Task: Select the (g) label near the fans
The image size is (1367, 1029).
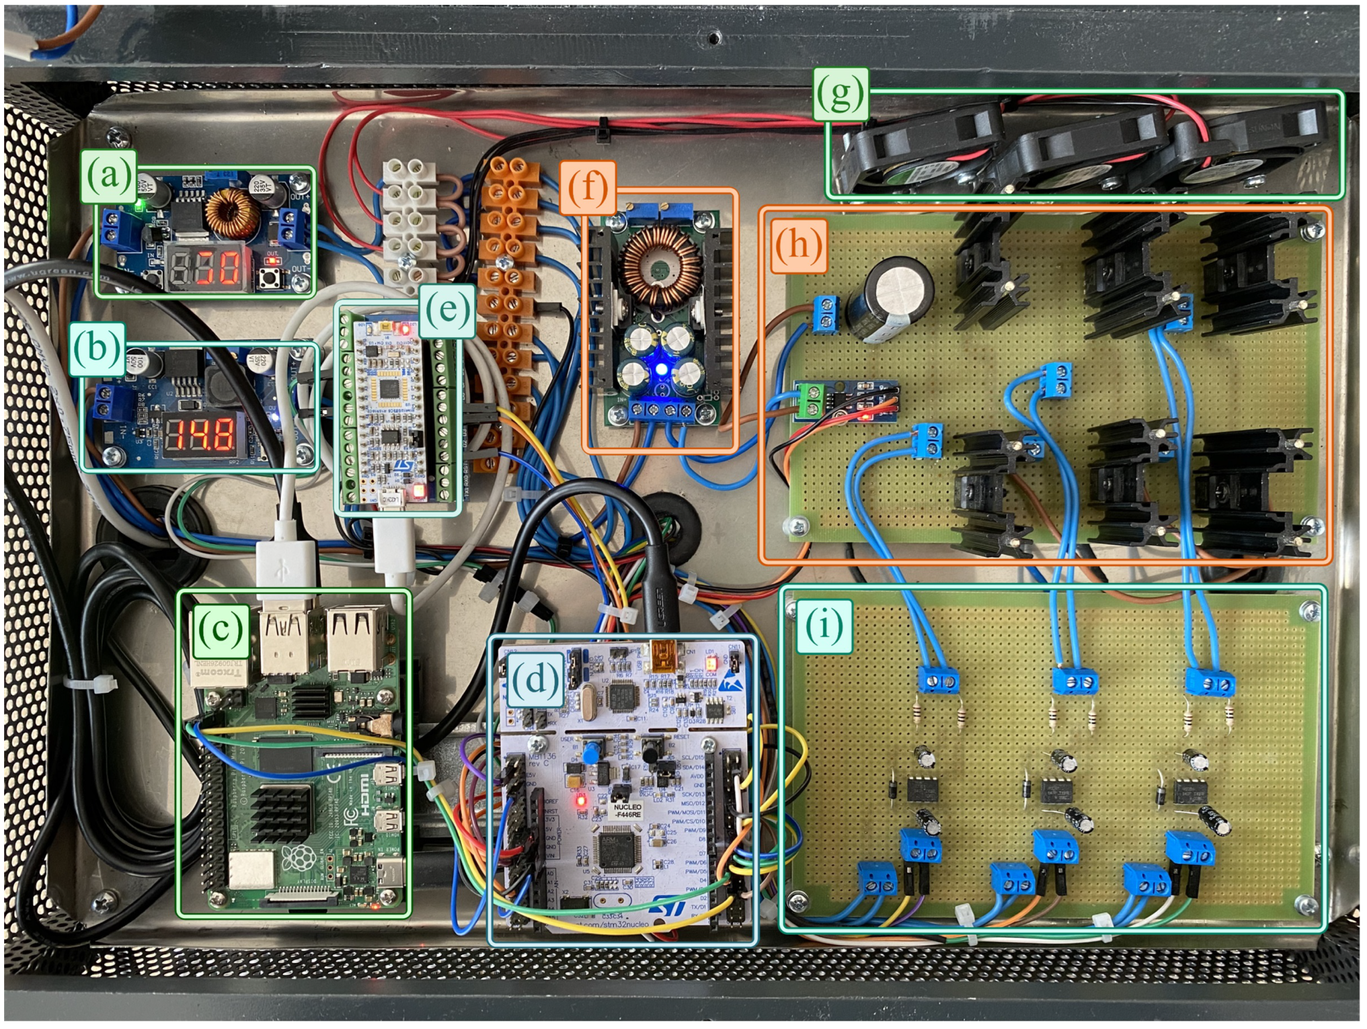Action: pos(840,94)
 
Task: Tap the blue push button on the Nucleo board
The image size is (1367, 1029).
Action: pos(591,753)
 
